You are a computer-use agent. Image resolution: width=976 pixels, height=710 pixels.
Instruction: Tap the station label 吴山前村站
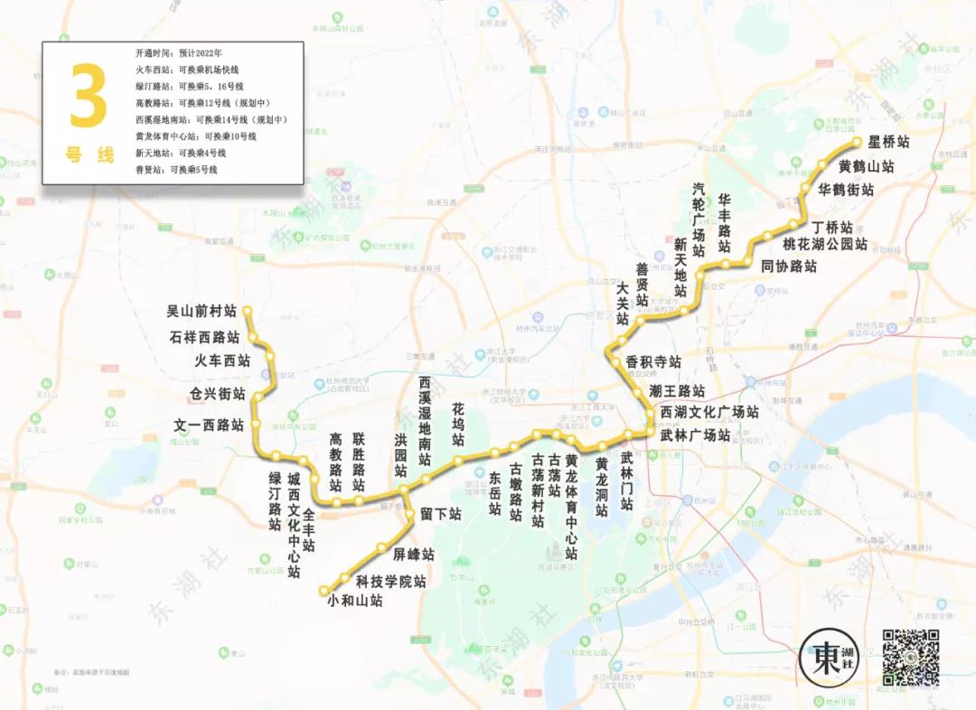point(201,311)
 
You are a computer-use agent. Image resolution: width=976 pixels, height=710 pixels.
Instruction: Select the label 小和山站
point(355,600)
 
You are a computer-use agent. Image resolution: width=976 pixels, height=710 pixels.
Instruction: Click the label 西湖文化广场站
point(709,412)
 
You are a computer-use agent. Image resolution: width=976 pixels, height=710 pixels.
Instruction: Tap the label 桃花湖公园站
point(824,244)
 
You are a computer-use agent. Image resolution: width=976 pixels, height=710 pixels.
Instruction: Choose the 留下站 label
point(440,513)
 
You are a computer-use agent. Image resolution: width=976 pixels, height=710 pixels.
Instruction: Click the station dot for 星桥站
point(858,143)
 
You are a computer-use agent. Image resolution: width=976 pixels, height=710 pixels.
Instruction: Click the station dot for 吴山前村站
point(245,311)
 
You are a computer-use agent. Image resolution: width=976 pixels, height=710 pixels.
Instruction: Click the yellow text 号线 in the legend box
point(89,154)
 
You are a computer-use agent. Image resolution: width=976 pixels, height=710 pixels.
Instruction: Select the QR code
point(910,657)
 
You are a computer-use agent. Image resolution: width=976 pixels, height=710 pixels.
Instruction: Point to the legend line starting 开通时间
point(179,52)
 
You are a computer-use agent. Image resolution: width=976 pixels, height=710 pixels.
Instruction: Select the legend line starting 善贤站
point(176,169)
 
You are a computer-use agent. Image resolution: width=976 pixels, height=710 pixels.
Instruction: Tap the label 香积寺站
point(652,361)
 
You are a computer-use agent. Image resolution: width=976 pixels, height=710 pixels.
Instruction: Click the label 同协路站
point(788,266)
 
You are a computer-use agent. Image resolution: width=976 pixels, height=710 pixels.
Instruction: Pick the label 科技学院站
point(390,581)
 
